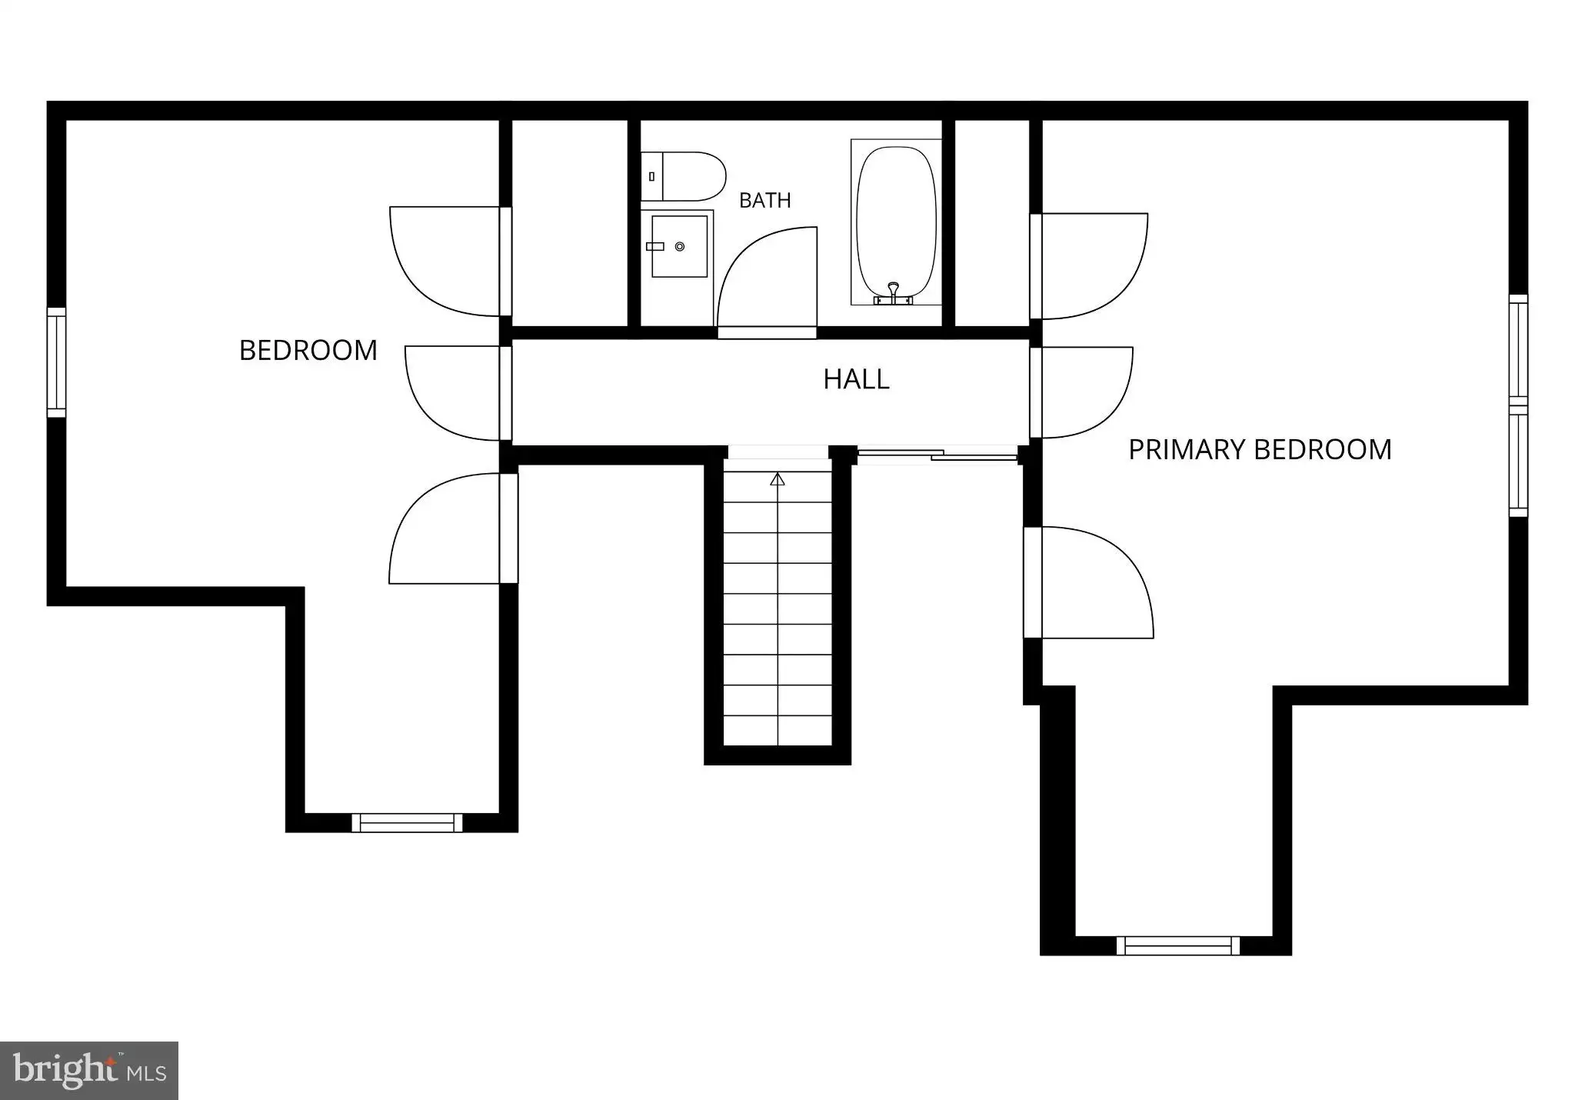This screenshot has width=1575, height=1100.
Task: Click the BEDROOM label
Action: [x=308, y=351]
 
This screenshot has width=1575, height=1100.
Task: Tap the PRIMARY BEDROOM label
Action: [x=1260, y=449]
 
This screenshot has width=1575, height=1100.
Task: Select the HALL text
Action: [x=856, y=379]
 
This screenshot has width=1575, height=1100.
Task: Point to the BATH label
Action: [x=765, y=201]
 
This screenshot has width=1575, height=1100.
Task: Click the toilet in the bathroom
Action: [x=683, y=176]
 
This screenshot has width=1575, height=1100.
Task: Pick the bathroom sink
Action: [x=679, y=246]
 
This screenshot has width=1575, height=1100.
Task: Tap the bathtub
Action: [x=896, y=222]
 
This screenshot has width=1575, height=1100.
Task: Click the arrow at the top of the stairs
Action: [x=778, y=479]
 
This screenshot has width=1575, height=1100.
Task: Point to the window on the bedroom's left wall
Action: [x=56, y=362]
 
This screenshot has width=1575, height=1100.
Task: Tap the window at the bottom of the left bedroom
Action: [x=408, y=822]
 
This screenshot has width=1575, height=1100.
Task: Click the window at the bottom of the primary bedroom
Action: [x=1178, y=945]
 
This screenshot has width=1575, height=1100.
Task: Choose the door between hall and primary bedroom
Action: [x=1081, y=392]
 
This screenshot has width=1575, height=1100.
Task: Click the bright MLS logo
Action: [x=89, y=1071]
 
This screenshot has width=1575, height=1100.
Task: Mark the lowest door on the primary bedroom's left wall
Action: [x=1088, y=582]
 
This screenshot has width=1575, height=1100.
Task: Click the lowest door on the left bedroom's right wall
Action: [x=453, y=528]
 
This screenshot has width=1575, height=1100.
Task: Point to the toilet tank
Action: [x=651, y=176]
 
